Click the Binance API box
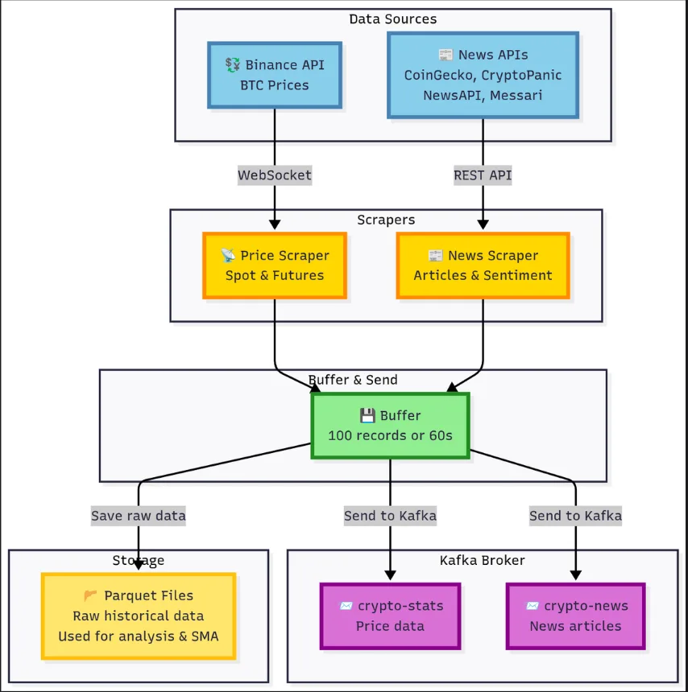click(275, 75)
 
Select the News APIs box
click(483, 75)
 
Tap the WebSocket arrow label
click(275, 175)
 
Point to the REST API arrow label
click(483, 175)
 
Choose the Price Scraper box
click(275, 266)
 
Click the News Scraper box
click(483, 266)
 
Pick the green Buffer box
click(390, 426)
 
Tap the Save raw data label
click(139, 516)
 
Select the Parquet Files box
click(139, 616)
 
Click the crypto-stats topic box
click(390, 616)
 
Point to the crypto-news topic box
click(575, 616)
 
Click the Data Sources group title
click(393, 19)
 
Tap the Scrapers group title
click(386, 220)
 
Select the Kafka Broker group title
click(482, 561)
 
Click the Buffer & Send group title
click(353, 380)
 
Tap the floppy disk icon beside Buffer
click(367, 416)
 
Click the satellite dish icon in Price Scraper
click(228, 255)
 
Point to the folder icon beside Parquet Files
click(90, 595)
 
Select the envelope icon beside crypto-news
click(533, 606)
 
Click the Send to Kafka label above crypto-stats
click(390, 516)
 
